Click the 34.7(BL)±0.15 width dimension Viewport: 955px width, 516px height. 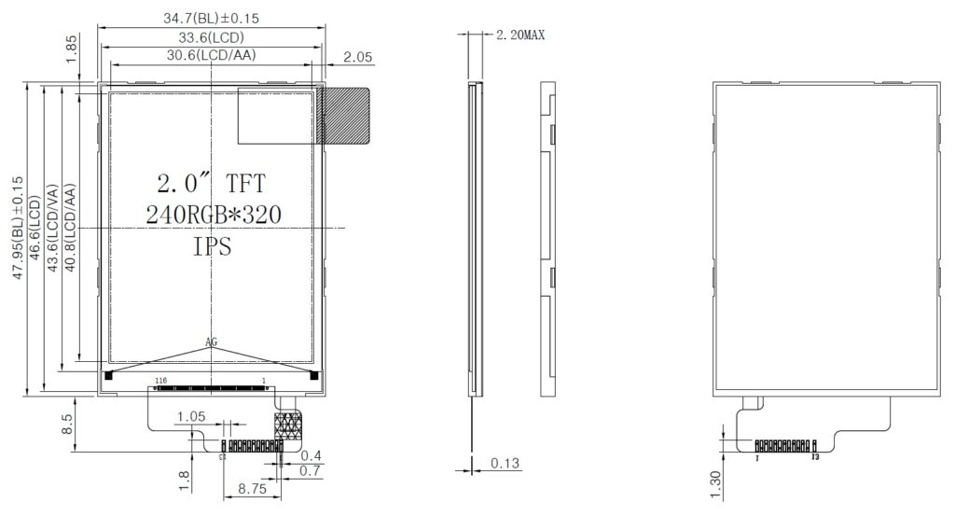[x=211, y=18]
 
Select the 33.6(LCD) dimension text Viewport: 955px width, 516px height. [x=211, y=37]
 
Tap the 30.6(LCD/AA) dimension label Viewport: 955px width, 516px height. [x=212, y=56]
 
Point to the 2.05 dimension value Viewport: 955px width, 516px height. [x=357, y=57]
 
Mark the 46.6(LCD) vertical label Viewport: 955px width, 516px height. [x=35, y=230]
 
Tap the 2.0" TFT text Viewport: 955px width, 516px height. [x=212, y=182]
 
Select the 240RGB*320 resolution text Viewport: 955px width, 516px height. [x=214, y=215]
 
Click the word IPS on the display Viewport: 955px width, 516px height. [x=213, y=247]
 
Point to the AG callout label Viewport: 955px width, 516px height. [x=212, y=342]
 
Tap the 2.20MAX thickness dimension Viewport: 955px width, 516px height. [x=519, y=35]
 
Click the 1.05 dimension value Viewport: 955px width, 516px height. [x=190, y=416]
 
